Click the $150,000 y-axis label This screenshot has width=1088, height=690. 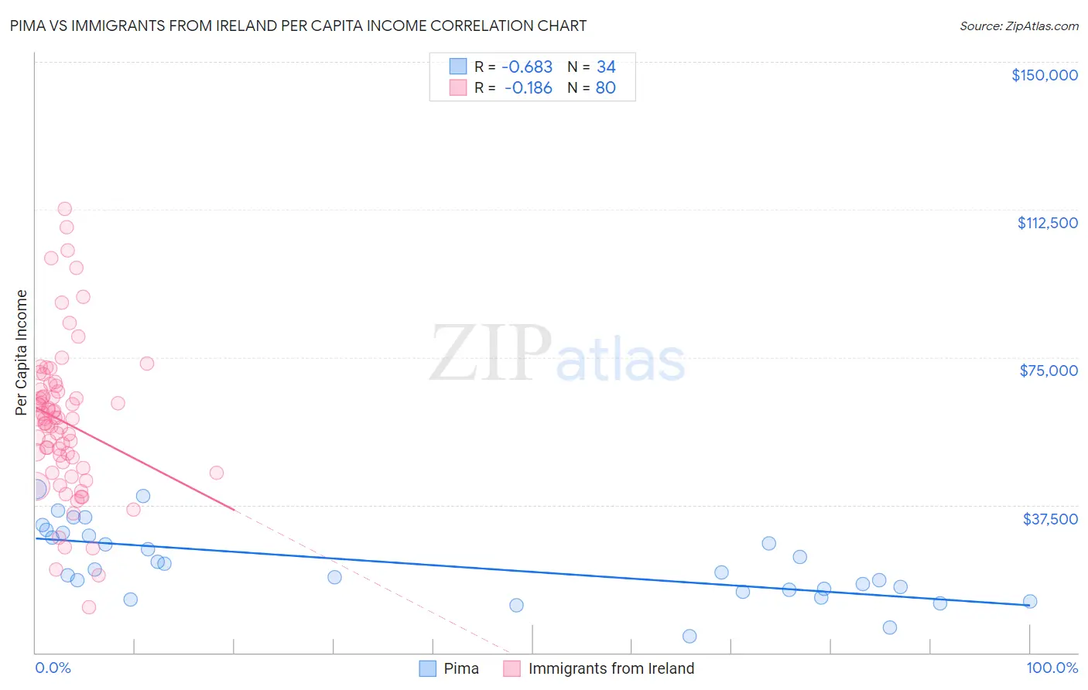1044,75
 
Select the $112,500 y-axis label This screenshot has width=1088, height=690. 1047,223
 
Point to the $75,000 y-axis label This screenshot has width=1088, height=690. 1049,371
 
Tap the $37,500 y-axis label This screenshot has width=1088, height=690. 1050,519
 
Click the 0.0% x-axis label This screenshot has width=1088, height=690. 53,668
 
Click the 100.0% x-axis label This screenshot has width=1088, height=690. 1052,668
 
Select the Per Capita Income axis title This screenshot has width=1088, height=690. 22,352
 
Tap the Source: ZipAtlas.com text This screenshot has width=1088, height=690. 1018,26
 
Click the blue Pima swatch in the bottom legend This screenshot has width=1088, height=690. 428,668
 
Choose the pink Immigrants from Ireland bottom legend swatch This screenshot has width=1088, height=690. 511,668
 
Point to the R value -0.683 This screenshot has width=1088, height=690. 527,67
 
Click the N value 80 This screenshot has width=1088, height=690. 605,88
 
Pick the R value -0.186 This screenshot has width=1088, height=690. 528,88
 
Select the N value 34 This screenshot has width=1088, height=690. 606,67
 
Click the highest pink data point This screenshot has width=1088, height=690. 65,209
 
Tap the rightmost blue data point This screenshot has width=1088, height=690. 1030,601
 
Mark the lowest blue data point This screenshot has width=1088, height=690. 689,636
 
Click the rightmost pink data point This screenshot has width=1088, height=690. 217,473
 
